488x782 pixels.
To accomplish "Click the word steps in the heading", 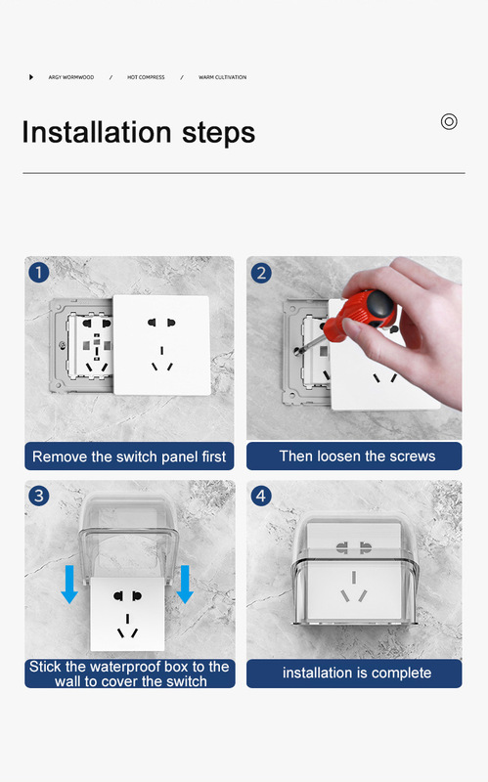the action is pos(218,134).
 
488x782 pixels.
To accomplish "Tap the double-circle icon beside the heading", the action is pos(449,121).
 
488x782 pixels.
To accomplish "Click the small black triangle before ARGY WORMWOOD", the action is pos(31,77).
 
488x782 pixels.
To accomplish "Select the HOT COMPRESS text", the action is pos(146,77).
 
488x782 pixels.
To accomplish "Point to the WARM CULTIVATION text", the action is pos(223,77).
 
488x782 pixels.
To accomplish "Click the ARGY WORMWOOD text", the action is pos(71,77).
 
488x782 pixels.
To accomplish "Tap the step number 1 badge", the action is pos(39,273).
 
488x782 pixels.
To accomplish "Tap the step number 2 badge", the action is pos(261,274).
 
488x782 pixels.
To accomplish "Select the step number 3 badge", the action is pos(39,496).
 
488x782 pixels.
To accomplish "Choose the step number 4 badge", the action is pos(261,496).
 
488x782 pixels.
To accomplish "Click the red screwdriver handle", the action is pos(359,314).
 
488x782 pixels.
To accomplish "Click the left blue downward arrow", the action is pos(69,584).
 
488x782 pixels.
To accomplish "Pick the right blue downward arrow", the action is pos(185,584).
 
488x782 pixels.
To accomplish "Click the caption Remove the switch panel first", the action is pos(129,456).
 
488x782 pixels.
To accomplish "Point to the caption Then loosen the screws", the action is pos(357,456).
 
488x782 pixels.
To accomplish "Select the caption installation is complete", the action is pos(357,673).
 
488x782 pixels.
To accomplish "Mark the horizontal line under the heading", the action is pos(244,173).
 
